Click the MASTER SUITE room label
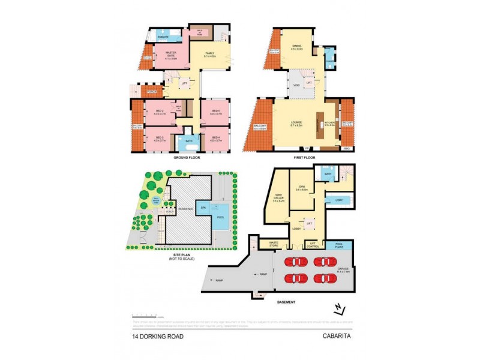click(x=162, y=56)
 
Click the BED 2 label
click(x=160, y=112)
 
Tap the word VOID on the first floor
click(x=297, y=85)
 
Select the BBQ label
click(x=346, y=148)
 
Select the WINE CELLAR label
click(x=278, y=197)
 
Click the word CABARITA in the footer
click(x=338, y=336)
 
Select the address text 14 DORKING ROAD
click(x=158, y=336)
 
